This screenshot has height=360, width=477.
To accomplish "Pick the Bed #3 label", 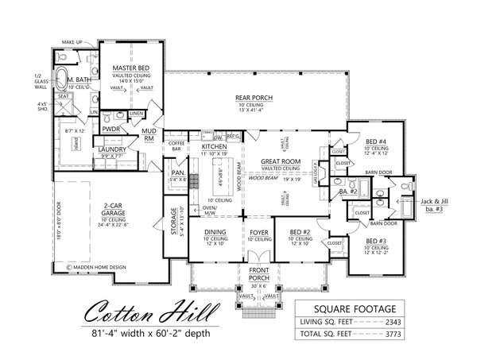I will pos(376,239).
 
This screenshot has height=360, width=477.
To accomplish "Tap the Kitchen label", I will pos(215,148).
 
